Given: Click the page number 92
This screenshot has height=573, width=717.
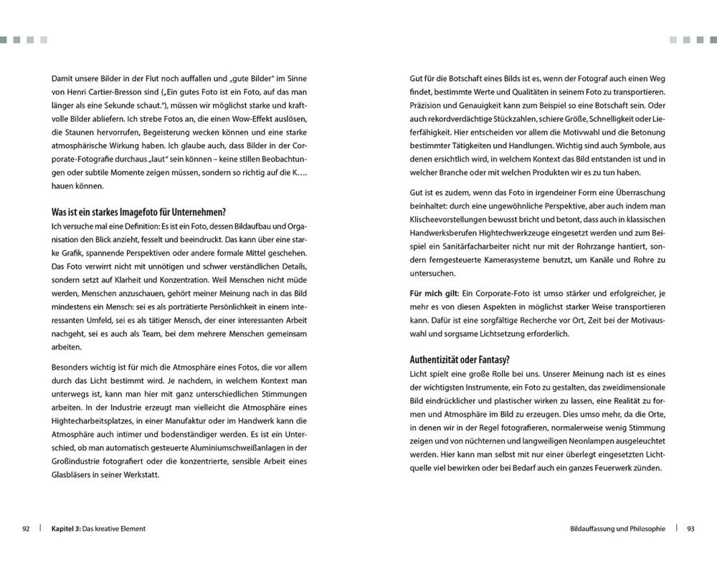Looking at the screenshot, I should point(25,529).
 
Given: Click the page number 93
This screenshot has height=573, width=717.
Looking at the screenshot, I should point(690,529).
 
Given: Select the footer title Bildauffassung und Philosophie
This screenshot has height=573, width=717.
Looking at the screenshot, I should point(617,529).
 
